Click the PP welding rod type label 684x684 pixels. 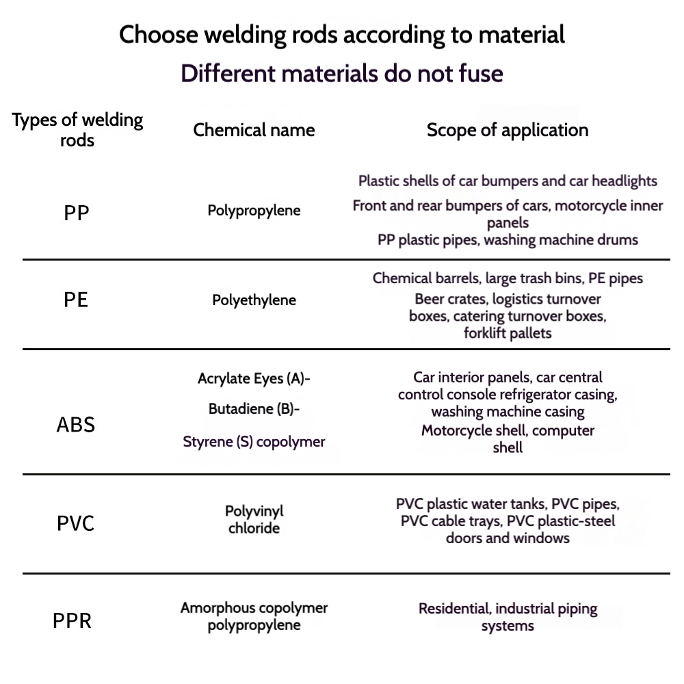pos(77,213)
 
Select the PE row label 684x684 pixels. pos(76,300)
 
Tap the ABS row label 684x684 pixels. pos(75,425)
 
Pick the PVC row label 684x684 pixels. pos(75,523)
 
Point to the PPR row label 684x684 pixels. pos(72,621)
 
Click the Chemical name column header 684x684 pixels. pos(254,130)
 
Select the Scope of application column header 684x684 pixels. pos(508,130)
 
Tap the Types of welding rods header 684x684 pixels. pos(77,129)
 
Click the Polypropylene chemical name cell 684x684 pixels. pos(254,211)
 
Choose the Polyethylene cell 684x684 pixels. pos(254,300)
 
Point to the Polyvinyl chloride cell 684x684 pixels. pos(254,520)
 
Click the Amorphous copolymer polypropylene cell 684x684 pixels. pos(254,616)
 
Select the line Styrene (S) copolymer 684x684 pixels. pos(254,442)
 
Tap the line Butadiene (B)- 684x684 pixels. pos(254,409)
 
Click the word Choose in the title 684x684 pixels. pos(159,34)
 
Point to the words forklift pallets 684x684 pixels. pos(508,333)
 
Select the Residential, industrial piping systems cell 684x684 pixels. pos(508,617)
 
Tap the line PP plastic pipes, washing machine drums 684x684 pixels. pos(508,240)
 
